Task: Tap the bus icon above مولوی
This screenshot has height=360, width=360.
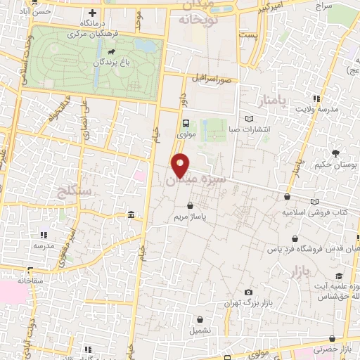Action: pos(186,121)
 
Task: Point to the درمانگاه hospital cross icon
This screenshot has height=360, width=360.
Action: pos(93,13)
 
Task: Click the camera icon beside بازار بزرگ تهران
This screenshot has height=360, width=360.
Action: pos(247,292)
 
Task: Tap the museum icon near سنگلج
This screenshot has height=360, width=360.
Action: pos(131,214)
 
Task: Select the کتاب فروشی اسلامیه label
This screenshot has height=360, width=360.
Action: pos(316,211)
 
